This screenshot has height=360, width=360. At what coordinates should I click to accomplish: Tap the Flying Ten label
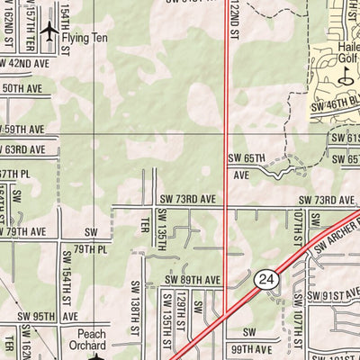coord(87,38)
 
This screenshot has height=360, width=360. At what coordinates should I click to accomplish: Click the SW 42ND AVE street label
coord(25,64)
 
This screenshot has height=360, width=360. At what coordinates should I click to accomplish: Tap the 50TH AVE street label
coord(24,89)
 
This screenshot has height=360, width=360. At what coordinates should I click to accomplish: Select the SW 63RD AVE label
coord(25,148)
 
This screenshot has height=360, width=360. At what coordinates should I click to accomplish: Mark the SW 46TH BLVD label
coord(334,105)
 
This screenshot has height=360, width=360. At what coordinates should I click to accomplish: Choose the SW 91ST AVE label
coord(333,294)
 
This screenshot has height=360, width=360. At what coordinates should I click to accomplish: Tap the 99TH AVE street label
coord(251,349)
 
